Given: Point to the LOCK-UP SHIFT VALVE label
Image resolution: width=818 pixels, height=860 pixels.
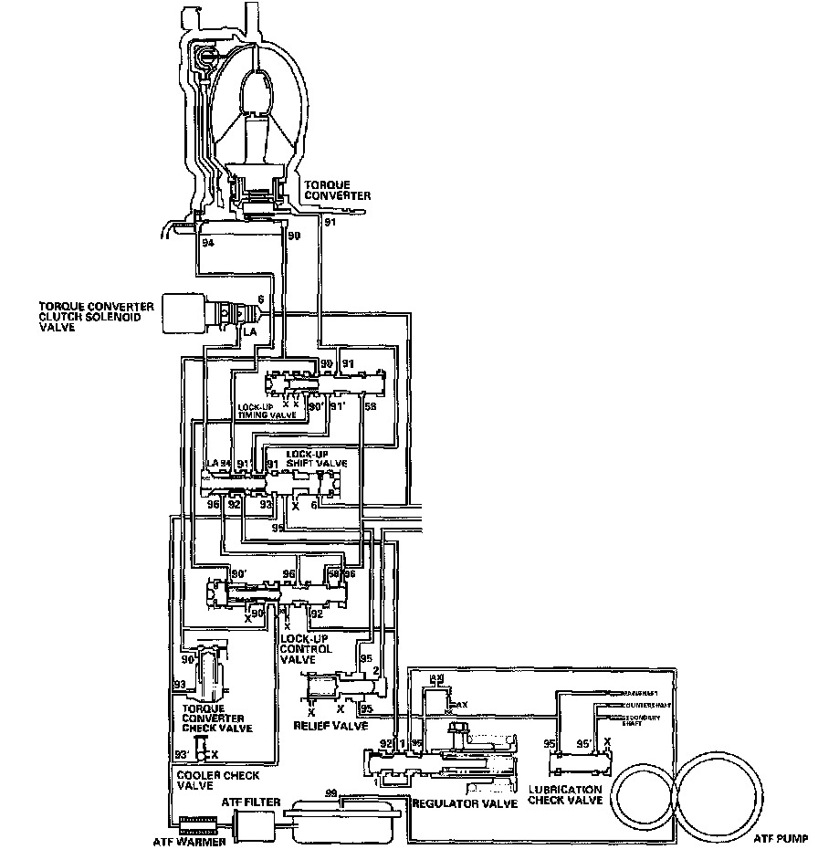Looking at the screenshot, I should click(x=316, y=459).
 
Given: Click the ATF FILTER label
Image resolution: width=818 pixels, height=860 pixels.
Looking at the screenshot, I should click(x=251, y=801).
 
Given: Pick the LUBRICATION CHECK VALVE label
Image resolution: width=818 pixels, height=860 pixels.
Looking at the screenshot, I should click(x=566, y=793).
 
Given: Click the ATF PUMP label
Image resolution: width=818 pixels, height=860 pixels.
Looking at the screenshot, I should click(x=781, y=835).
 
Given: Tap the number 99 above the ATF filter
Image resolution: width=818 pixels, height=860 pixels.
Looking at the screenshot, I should click(x=330, y=793).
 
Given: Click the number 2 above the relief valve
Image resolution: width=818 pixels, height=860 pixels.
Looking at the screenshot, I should click(x=375, y=672).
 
